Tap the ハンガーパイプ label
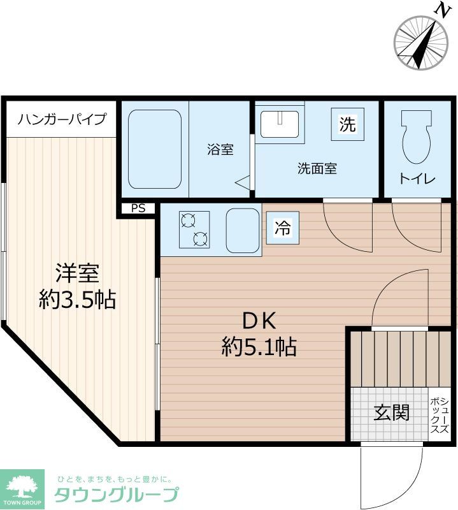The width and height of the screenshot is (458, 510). tap(62, 119)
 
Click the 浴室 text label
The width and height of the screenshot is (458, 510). tap(220, 150)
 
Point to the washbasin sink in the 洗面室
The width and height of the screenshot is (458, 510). tap(280, 123)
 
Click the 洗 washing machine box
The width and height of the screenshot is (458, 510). tap(347, 124)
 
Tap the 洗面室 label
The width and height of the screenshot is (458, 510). tap(317, 169)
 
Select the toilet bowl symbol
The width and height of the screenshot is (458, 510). tap(417, 136)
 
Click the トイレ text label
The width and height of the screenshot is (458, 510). tap(417, 179)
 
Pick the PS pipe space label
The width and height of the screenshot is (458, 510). tap(138, 208)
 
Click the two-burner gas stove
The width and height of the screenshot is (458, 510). tap(194, 229)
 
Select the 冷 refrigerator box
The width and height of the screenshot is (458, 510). tap(282, 228)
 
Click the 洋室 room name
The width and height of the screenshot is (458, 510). tap(76, 273)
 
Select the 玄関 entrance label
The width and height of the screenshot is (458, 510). tap(391, 412)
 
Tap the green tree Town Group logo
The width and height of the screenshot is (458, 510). tap(22, 489)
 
